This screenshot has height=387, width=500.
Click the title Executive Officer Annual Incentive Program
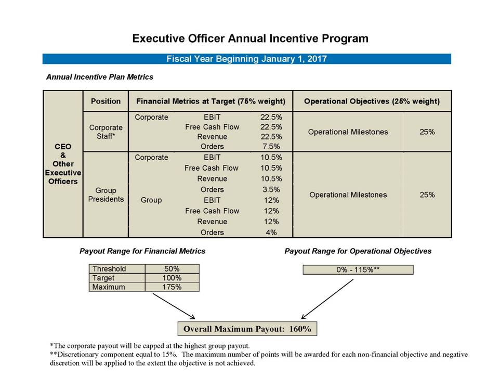click(250, 38)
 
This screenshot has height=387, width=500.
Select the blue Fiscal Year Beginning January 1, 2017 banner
click(246, 59)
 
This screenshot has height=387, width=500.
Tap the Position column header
click(106, 101)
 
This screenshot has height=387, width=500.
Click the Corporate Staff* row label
click(106, 132)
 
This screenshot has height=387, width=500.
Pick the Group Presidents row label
click(106, 195)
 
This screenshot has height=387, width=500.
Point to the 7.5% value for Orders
click(271, 146)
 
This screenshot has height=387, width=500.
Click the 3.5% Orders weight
click(271, 189)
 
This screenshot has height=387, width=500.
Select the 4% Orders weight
click(271, 233)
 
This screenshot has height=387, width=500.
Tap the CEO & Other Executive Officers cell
click(63, 164)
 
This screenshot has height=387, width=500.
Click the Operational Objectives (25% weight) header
click(372, 101)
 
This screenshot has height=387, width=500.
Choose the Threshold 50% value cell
click(171, 269)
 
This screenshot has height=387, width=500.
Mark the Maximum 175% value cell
click(171, 287)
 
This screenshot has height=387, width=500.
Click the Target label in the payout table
click(103, 278)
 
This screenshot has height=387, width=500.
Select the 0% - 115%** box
click(358, 269)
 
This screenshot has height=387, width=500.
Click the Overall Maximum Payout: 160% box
click(247, 329)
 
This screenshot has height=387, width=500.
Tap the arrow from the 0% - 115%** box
click(327, 299)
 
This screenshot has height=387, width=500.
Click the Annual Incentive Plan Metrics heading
click(100, 77)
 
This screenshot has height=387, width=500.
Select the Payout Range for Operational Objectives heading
click(358, 251)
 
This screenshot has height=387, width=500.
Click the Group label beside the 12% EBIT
click(151, 200)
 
